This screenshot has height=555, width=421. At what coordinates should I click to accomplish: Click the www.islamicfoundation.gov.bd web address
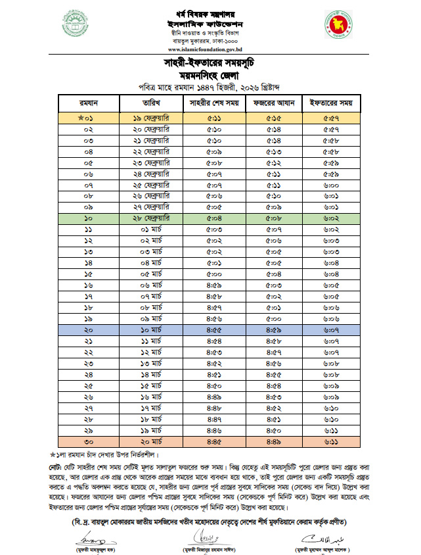pos(210,49)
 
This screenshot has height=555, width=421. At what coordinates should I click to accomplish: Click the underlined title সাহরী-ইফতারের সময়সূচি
pos(210,63)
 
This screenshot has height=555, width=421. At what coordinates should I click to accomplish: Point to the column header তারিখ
pos(150,103)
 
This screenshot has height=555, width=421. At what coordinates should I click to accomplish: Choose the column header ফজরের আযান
pos(273,103)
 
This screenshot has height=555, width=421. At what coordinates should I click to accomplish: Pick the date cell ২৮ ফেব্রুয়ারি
pos(150,218)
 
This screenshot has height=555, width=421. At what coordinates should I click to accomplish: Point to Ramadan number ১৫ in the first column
pos(89,274)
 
